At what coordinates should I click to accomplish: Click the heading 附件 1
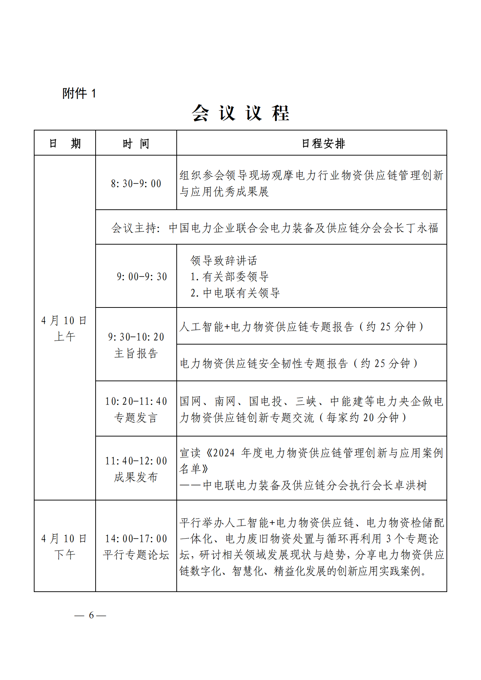(x=79, y=93)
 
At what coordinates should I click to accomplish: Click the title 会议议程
(x=240, y=113)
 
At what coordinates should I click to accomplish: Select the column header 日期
(x=65, y=144)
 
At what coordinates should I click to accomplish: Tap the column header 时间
(x=136, y=144)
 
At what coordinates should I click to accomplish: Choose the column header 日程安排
(x=323, y=144)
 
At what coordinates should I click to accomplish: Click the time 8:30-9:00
(x=136, y=184)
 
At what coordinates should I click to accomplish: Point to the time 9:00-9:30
(x=142, y=277)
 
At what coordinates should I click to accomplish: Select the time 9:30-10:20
(x=136, y=337)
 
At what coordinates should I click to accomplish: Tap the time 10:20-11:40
(x=136, y=401)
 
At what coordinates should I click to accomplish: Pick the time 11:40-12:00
(x=136, y=461)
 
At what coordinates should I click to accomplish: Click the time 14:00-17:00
(x=136, y=539)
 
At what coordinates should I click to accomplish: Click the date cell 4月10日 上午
(x=64, y=328)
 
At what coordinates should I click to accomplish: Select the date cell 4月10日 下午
(x=64, y=546)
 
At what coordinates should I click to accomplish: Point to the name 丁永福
(x=422, y=228)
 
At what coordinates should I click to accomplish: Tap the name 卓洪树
(x=411, y=485)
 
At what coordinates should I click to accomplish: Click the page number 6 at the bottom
(x=91, y=615)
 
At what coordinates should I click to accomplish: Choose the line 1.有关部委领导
(x=229, y=277)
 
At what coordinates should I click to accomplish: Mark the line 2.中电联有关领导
(x=235, y=293)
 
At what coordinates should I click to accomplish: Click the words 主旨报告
(x=136, y=353)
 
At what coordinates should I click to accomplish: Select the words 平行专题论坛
(x=136, y=555)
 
